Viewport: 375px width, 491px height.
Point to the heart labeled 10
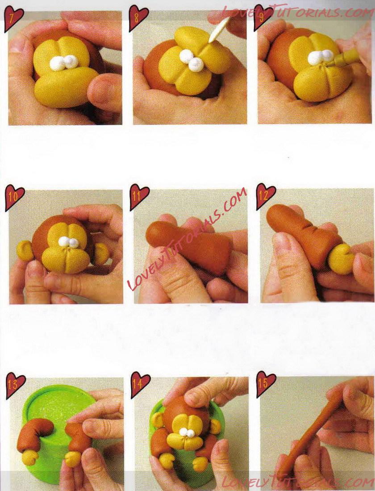click(x=14, y=198)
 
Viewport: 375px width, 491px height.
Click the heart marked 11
click(x=139, y=197)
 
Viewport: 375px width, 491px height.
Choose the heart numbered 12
click(x=266, y=196)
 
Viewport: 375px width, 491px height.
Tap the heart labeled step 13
click(x=15, y=385)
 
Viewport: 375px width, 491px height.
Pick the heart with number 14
click(x=140, y=384)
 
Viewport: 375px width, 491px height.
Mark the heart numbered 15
click(x=266, y=384)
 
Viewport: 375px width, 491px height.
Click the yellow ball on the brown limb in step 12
click(x=341, y=258)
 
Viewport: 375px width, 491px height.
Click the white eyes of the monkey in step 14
click(x=187, y=433)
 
